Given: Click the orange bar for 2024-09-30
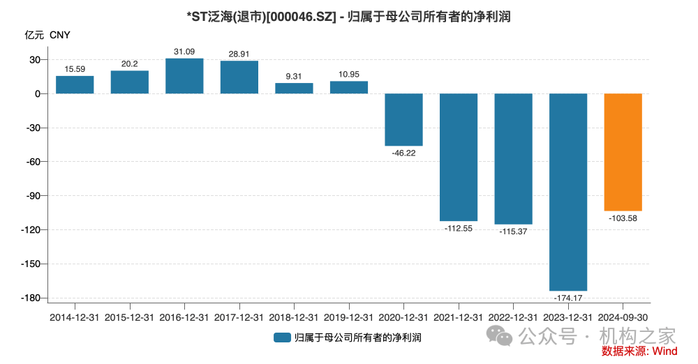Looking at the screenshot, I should click(623, 152).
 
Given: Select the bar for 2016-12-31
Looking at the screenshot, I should click(184, 76).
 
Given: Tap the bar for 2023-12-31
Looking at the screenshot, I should click(568, 192).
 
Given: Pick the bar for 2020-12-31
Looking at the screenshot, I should click(403, 119).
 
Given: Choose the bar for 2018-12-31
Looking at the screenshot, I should click(294, 89).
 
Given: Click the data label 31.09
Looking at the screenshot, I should click(184, 51).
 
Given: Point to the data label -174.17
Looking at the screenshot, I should click(568, 298).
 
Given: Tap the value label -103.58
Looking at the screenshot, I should click(623, 218).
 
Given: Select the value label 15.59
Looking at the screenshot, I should click(75, 68).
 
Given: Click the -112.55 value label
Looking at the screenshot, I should click(459, 228).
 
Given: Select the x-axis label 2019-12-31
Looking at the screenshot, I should click(349, 317).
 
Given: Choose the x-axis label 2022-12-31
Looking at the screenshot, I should click(513, 317).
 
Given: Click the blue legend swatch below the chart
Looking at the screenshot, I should click(282, 338).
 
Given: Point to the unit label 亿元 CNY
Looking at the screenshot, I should click(47, 34).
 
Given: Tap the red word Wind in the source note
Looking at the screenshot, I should click(664, 351).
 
